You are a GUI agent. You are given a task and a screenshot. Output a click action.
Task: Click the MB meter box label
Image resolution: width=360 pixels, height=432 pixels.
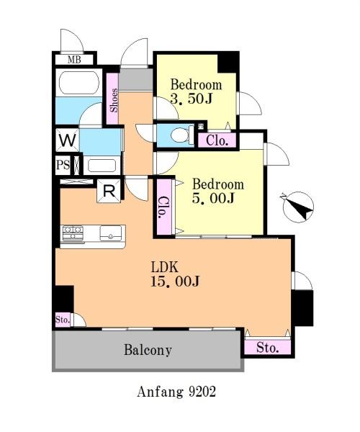[x=74, y=60]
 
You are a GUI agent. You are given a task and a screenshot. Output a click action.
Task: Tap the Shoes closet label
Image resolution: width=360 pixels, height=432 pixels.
[x=114, y=100]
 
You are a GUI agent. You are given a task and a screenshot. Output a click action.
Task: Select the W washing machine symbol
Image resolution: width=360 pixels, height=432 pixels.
[x=68, y=140]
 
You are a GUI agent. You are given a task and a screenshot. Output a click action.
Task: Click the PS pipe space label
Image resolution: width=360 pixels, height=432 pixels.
[x=63, y=166]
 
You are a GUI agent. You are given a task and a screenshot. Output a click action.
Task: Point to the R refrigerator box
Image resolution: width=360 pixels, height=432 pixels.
[x=109, y=191]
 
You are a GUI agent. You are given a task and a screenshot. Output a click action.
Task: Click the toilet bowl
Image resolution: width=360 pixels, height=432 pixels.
[x=181, y=135]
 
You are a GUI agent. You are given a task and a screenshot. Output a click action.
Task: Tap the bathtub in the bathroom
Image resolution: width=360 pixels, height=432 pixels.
[x=79, y=83]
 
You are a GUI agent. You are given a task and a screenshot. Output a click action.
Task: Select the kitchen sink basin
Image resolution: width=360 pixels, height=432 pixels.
[x=111, y=233]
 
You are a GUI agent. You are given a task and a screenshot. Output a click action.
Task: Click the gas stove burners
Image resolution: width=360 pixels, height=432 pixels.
[x=73, y=233]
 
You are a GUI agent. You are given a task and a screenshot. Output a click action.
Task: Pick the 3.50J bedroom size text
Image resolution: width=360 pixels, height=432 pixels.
[x=191, y=99]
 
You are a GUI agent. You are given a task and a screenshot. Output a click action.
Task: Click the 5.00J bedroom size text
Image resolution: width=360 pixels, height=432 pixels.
[x=213, y=198]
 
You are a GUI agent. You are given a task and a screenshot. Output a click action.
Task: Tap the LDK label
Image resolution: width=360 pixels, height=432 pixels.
[x=164, y=267]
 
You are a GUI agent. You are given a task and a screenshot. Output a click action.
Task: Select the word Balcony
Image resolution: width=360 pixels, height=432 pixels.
[x=148, y=350]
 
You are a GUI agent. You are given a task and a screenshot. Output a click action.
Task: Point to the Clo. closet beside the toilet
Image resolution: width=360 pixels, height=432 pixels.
[x=217, y=140]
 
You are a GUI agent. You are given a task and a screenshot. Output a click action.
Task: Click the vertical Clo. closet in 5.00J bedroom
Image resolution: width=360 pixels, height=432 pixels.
[x=165, y=207]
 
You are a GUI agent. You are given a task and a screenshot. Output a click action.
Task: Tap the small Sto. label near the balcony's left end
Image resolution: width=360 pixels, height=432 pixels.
[x=63, y=320]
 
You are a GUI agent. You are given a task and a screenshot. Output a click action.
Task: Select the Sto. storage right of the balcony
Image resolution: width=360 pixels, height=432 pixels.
[x=267, y=347]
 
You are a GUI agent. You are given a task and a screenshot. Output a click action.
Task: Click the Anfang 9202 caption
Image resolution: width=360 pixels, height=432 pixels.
[x=176, y=392]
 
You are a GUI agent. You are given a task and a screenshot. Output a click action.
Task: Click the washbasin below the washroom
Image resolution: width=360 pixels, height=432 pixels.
[x=102, y=166]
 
